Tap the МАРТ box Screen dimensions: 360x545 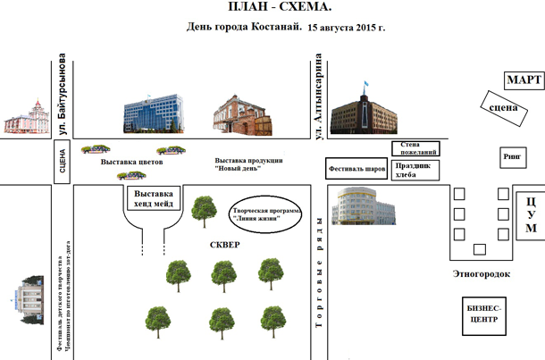524,81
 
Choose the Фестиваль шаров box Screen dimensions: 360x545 356,167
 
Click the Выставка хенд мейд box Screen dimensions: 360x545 153,198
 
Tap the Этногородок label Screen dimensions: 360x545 481,274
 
